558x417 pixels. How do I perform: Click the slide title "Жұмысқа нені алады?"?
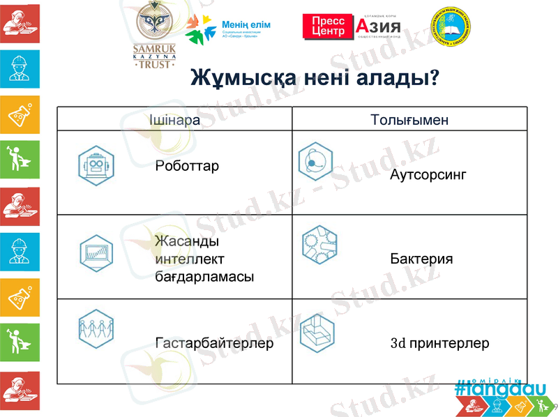[315, 78]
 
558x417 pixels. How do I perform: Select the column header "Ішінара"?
[175, 119]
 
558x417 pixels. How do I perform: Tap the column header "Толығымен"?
[409, 119]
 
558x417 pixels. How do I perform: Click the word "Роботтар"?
[188, 166]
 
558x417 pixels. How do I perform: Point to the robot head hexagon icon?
[96, 165]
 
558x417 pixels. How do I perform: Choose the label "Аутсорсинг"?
[428, 174]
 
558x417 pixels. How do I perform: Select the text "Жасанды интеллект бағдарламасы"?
[204, 259]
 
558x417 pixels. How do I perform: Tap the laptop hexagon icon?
[96, 250]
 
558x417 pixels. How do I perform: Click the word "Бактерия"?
[421, 259]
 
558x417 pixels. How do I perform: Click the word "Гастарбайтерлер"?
[214, 343]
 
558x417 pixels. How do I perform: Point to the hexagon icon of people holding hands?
[96, 327]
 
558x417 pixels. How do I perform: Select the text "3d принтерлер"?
[439, 343]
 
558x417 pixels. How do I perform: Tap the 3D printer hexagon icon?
[318, 331]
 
